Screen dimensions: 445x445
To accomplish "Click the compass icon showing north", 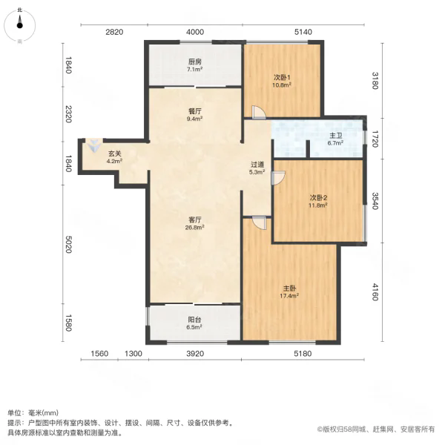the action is [19, 25].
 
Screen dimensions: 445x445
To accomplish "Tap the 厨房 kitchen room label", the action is [194, 65].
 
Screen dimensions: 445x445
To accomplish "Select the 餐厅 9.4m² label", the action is [194, 115].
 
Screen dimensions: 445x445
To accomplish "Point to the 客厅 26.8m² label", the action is [194, 223].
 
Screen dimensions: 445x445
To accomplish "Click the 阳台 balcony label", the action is [194, 323].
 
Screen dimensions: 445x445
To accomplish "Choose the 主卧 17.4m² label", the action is [289, 292].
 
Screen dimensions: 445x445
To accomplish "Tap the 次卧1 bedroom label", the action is [282, 81].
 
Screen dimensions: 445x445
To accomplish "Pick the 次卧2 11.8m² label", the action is [318, 201].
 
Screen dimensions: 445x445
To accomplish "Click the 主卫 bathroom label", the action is [335, 139].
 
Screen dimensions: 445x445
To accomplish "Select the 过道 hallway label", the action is [257, 168].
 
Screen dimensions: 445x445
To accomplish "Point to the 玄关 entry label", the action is [114, 157].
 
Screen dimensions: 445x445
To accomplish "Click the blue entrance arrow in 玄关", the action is [94, 145].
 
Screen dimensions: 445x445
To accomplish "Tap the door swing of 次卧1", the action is [259, 112].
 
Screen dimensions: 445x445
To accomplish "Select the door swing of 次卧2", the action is [278, 178].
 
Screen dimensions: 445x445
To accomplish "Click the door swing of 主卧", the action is [259, 222].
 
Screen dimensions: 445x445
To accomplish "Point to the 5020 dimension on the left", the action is [68, 244].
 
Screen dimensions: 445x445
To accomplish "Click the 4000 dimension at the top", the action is [195, 32].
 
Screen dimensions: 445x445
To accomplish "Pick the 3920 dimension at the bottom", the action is [195, 354].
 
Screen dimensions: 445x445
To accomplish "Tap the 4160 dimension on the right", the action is [375, 291].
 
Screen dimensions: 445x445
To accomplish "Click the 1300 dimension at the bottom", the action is [133, 354].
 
